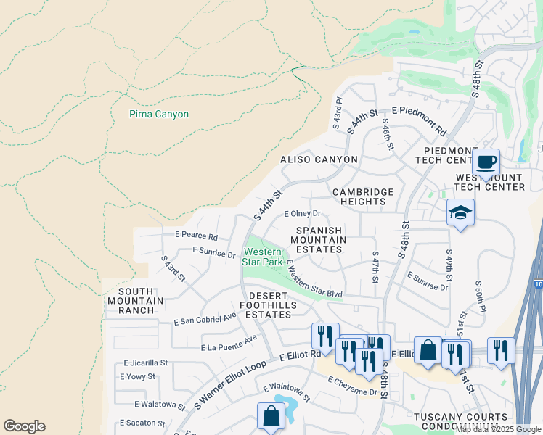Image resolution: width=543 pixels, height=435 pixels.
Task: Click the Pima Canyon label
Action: tap(158, 114)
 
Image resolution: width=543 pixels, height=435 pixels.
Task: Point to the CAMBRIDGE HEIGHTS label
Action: tap(363, 196)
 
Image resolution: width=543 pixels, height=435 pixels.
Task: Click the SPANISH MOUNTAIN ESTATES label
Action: tap(320, 239)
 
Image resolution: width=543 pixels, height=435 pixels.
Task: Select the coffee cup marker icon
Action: tap(486, 162)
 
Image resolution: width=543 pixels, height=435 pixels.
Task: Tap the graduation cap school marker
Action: tap(460, 212)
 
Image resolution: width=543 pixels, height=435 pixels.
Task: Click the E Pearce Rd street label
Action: tap(196, 236)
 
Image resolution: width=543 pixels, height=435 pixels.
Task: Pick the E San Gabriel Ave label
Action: tap(205, 318)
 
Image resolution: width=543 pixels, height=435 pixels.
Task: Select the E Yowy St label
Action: tap(139, 376)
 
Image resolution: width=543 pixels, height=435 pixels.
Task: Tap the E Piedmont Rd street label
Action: tap(419, 120)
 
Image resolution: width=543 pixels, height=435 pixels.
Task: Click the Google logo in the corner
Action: tap(24, 426)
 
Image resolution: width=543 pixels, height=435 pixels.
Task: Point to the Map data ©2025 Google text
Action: tap(499, 429)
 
